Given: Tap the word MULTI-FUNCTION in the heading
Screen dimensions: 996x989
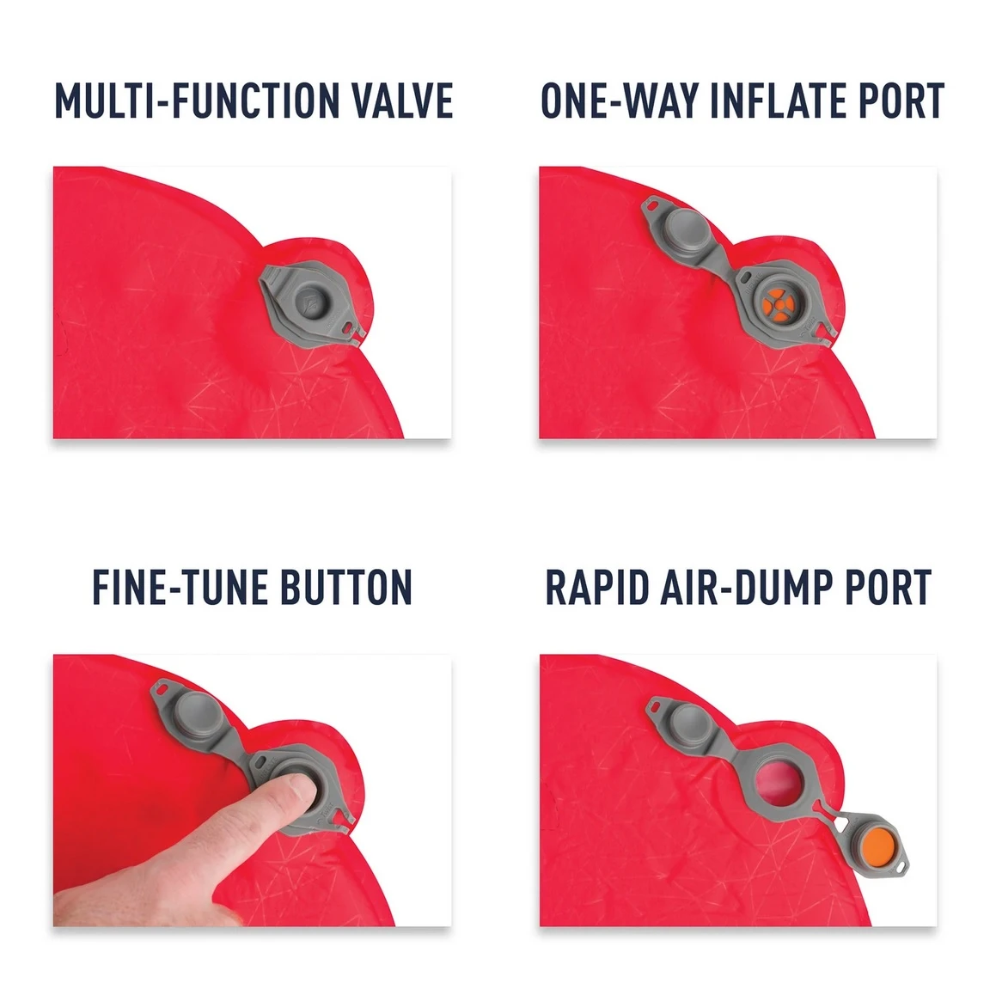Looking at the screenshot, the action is (198, 101).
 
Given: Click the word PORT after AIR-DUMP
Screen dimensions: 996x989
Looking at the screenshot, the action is (888, 587).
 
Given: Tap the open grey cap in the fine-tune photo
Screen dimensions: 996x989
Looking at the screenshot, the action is (194, 715).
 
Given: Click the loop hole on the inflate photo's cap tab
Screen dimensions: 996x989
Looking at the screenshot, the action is (651, 206).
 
